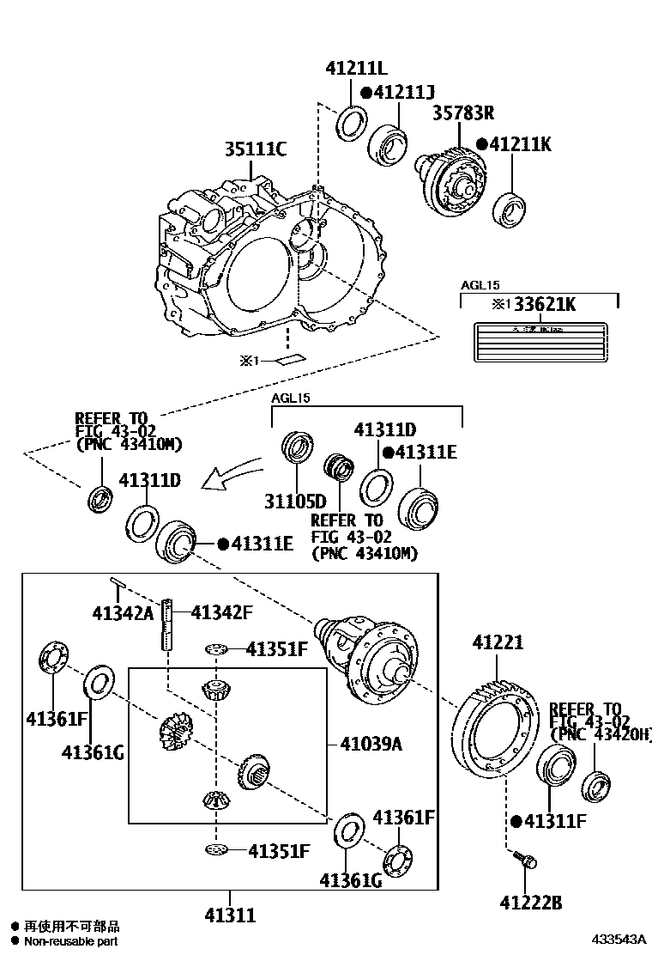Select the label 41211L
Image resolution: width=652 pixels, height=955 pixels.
[x=356, y=69]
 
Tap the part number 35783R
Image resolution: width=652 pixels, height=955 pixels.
[x=462, y=113]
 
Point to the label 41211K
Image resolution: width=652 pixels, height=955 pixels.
[x=521, y=144]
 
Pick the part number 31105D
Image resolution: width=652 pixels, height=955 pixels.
[x=296, y=501]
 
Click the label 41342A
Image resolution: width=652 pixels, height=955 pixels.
[x=123, y=612]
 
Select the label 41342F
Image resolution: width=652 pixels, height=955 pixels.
[x=221, y=612]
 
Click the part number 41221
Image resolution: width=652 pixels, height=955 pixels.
[x=498, y=642]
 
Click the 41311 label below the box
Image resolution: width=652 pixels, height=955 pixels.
[x=230, y=915]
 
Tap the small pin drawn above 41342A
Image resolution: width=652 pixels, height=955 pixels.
[x=118, y=584]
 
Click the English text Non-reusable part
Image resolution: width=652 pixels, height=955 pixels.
[x=71, y=941]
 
